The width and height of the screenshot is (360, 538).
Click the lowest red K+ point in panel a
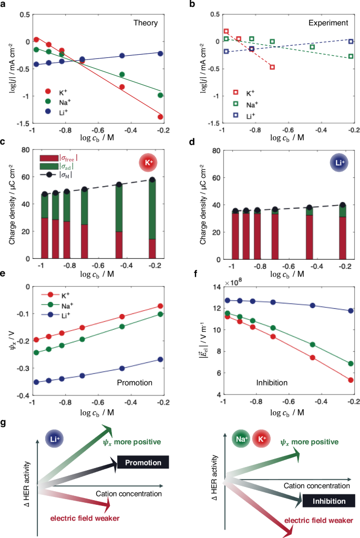(160, 117)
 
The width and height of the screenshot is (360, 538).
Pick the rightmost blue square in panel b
(351, 41)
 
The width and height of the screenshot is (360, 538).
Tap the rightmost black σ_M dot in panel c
(152, 180)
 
